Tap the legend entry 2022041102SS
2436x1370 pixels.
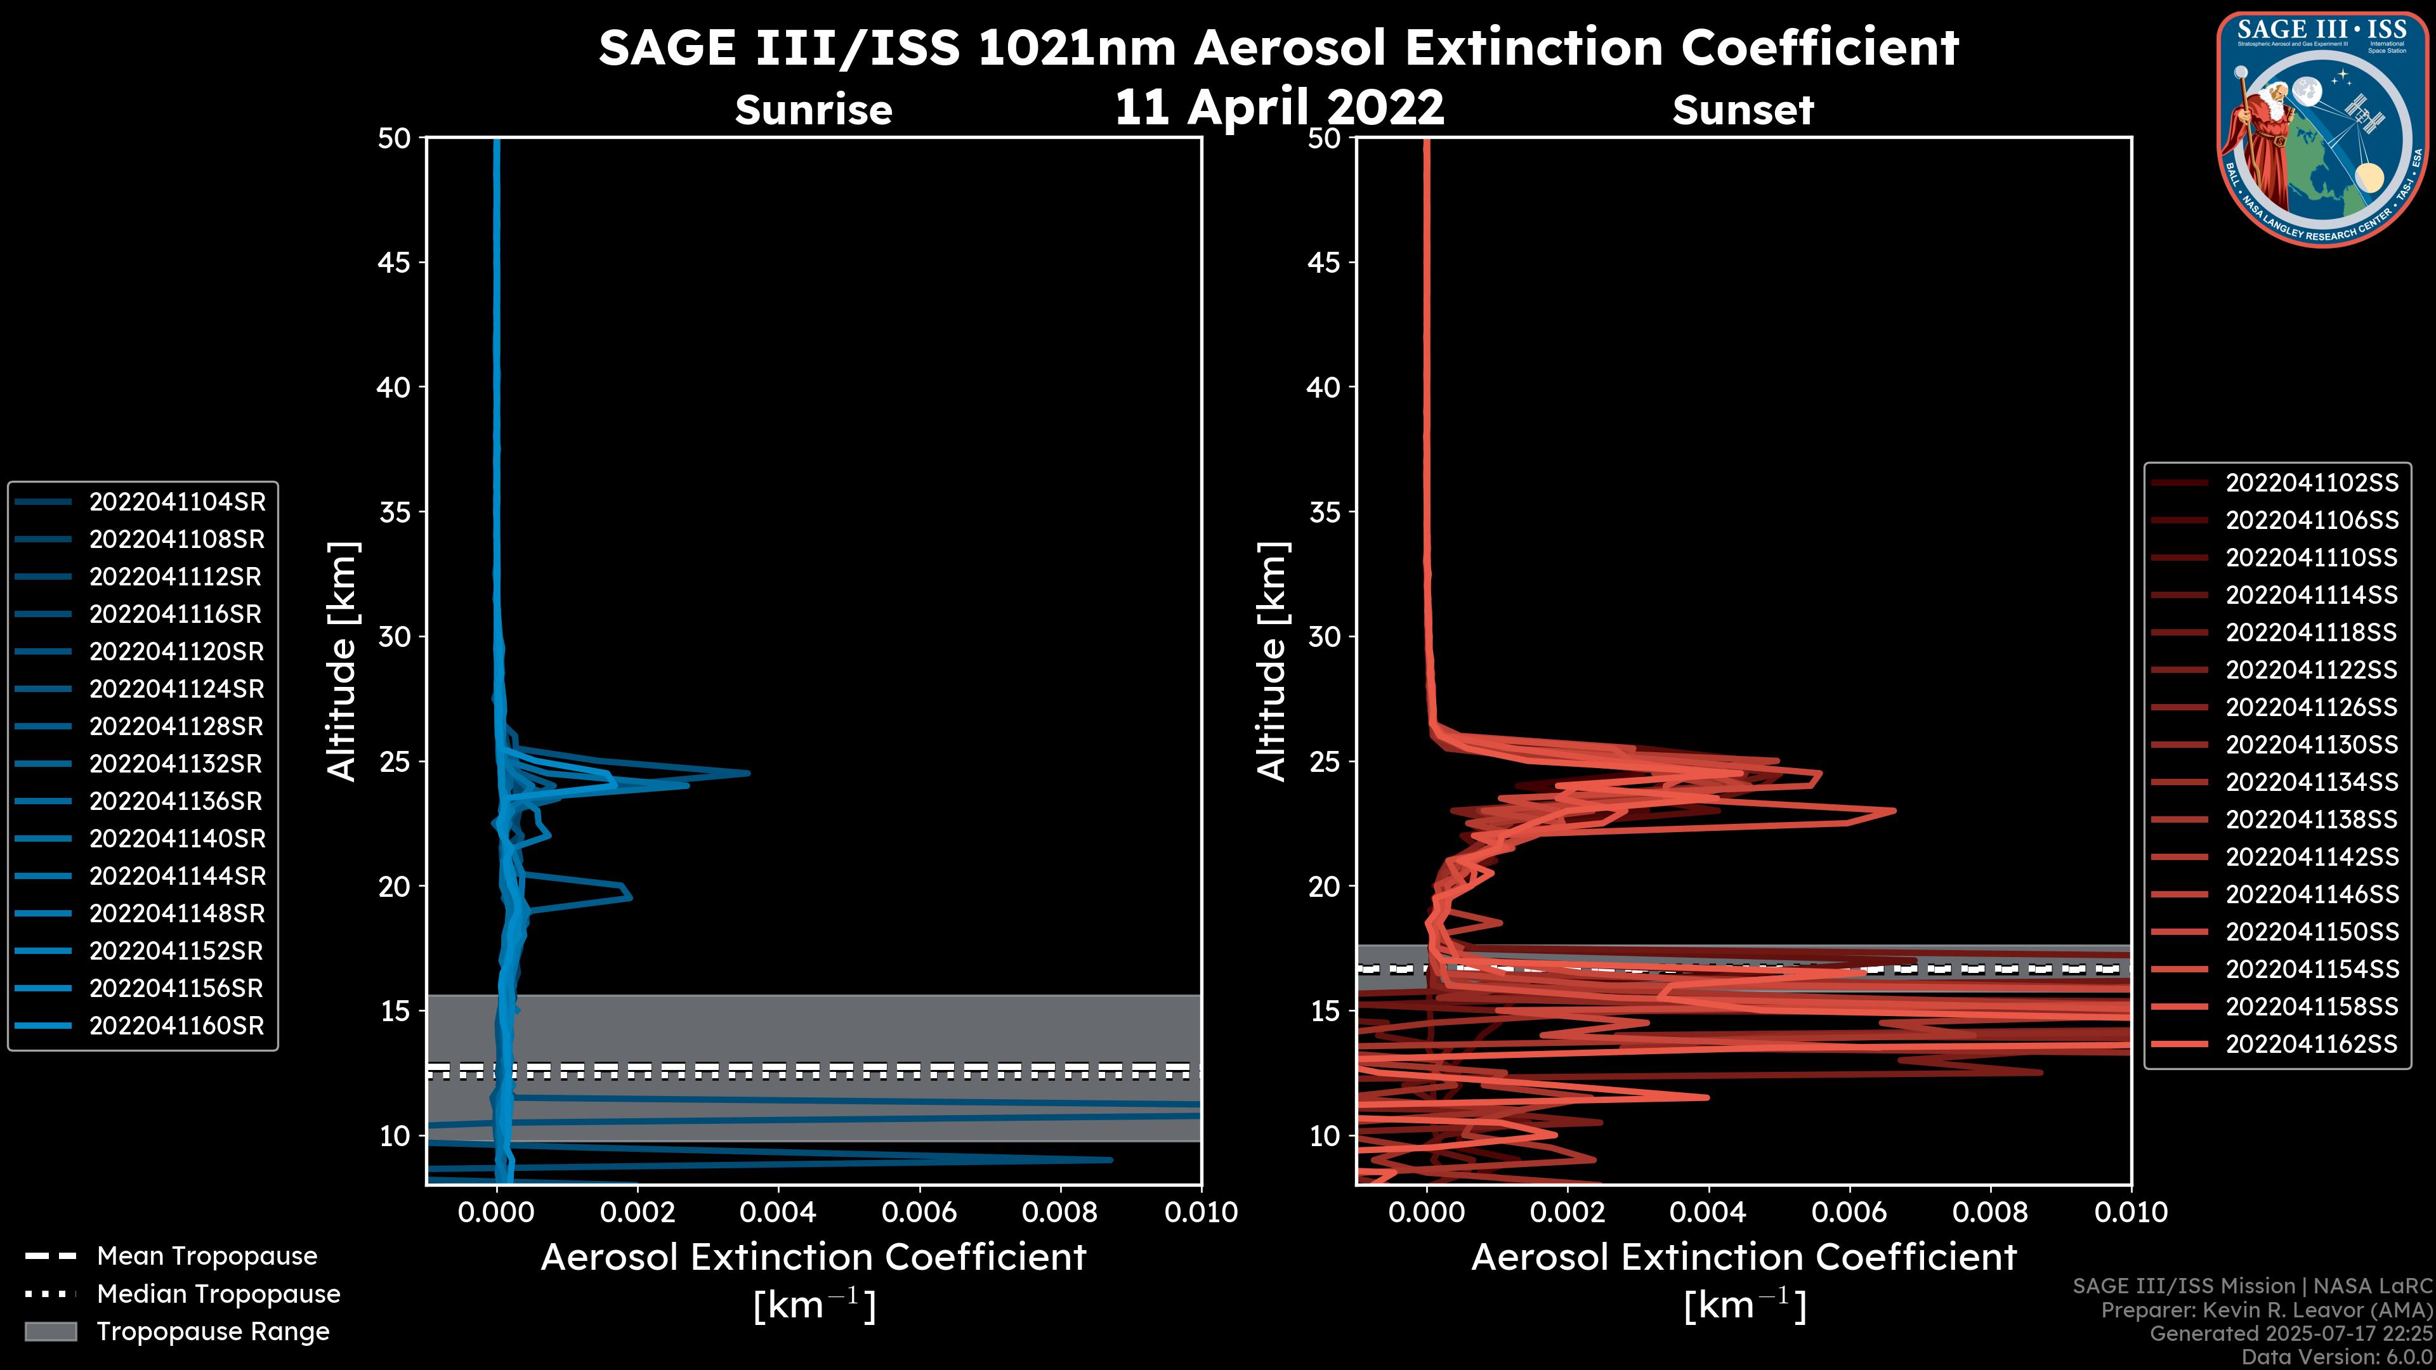[2311, 483]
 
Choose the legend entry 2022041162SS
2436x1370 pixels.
[2311, 1044]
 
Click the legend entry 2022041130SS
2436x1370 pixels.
[2311, 745]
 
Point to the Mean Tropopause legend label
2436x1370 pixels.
[207, 1256]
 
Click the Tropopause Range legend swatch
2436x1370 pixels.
[50, 1331]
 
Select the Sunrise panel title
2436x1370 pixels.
[813, 110]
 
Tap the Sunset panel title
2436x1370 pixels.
[1743, 110]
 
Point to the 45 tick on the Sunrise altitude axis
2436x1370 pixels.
[393, 262]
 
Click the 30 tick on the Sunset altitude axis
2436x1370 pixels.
[1324, 636]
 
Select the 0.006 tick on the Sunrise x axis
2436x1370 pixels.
[919, 1212]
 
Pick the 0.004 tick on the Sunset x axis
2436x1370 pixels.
[1708, 1212]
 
